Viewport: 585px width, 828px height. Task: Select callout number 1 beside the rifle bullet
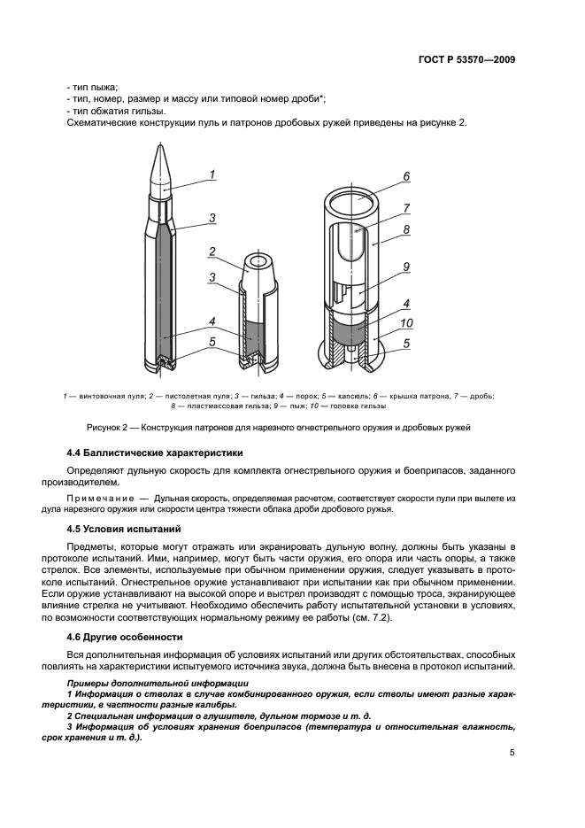[212, 174]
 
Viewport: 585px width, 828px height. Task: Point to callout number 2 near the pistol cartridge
[212, 251]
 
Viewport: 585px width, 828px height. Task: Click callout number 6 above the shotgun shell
[406, 177]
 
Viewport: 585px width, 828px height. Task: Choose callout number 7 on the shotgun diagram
[406, 209]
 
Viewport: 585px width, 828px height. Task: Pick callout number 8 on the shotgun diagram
[406, 228]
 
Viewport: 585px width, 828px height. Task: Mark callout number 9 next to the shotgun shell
[406, 267]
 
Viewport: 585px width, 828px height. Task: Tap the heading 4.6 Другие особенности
[125, 637]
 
